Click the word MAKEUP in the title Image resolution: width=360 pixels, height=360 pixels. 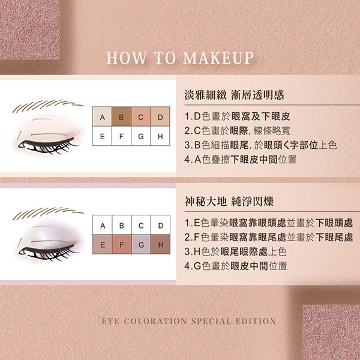coord(218,58)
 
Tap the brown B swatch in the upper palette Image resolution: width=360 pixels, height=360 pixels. coord(121,116)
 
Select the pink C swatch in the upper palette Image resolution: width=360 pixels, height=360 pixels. coord(141,116)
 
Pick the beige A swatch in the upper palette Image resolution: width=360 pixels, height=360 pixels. coord(102,116)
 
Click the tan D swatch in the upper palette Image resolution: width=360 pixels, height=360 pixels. coord(160,116)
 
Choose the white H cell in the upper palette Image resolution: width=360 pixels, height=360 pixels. coord(160,136)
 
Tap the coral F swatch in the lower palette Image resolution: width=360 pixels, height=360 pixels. coord(122,244)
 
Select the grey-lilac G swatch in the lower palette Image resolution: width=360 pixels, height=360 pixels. coord(141,244)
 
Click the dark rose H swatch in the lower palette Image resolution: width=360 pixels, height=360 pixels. coord(160,244)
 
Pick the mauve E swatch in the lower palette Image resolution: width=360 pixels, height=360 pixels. coord(103,244)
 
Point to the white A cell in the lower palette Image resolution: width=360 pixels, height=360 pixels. coord(103,225)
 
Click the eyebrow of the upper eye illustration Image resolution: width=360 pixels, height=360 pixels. coord(48,106)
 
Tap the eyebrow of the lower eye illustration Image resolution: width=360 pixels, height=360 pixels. coord(48,213)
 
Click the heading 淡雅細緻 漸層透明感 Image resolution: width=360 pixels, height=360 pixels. coord(234,95)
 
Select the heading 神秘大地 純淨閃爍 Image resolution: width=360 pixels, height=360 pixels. coord(229,202)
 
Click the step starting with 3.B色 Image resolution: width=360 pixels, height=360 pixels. coord(260,145)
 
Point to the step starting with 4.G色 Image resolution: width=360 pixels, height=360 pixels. coord(236,266)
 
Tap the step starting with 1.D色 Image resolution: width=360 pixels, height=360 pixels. coord(237,116)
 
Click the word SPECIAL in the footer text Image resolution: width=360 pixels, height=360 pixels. coord(211,321)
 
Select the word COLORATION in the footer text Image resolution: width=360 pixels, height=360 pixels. coord(155,321)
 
